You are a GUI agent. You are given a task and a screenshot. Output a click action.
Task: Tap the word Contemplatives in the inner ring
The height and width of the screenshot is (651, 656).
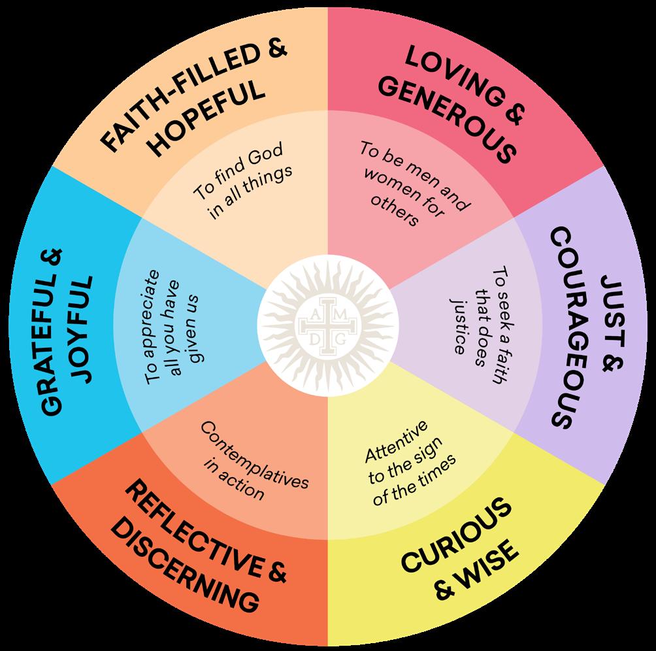254,452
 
